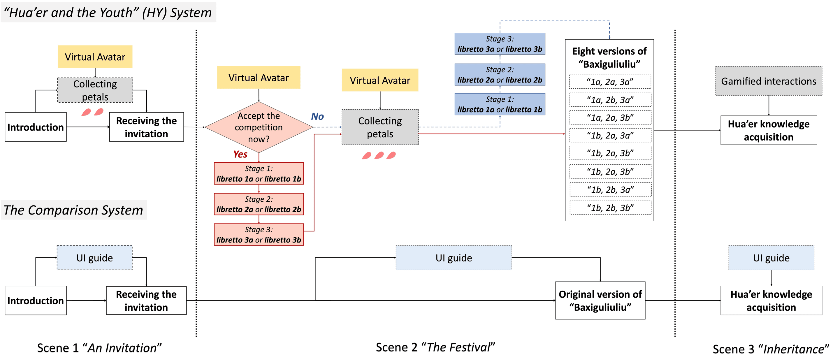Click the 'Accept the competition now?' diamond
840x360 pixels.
(x=259, y=127)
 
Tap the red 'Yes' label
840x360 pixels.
(x=240, y=154)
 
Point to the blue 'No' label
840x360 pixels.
(x=317, y=116)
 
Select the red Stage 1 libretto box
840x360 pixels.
(x=259, y=173)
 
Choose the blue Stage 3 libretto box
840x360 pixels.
(x=500, y=44)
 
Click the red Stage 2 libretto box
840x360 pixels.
(x=259, y=204)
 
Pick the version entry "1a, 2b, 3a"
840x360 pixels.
(x=610, y=100)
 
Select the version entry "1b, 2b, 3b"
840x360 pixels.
(x=610, y=208)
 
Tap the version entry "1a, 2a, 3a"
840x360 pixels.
(x=610, y=82)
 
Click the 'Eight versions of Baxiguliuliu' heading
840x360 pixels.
(x=609, y=57)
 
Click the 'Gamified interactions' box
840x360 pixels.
(x=768, y=81)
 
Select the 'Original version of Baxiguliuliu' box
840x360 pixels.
(x=600, y=300)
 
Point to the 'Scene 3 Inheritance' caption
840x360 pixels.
(x=770, y=349)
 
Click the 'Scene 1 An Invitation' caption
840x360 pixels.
(x=99, y=348)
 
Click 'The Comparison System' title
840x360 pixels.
(x=73, y=210)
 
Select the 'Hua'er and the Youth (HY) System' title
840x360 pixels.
(x=108, y=13)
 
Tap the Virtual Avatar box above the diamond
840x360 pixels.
(x=259, y=78)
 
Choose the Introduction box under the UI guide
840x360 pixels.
(x=36, y=300)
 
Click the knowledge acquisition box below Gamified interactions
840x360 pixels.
(x=768, y=130)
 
